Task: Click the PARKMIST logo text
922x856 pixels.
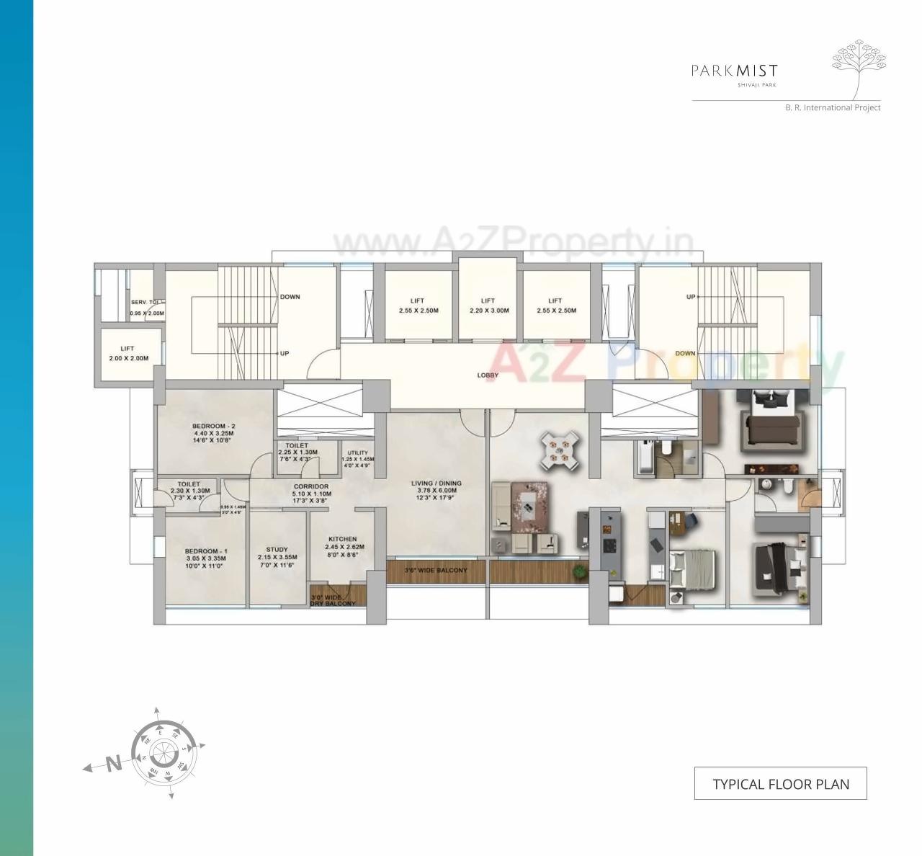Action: coord(734,71)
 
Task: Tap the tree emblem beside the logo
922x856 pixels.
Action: coord(859,69)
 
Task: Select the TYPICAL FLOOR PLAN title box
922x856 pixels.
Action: coord(780,784)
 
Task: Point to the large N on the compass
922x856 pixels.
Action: coord(113,764)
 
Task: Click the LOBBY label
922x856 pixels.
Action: coord(488,375)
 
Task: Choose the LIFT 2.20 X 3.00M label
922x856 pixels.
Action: coord(488,306)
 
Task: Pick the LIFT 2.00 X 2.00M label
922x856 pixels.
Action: coord(127,353)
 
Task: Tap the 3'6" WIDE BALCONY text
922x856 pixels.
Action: coord(436,571)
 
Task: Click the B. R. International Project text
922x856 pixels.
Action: coord(833,107)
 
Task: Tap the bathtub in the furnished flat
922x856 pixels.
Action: coord(644,458)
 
